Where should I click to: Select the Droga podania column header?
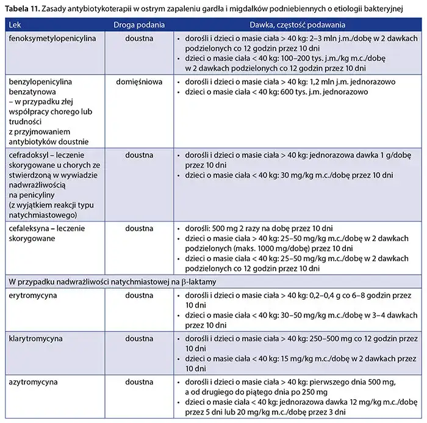click(x=139, y=26)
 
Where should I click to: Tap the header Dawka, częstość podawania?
click(x=297, y=26)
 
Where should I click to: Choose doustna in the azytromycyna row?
click(x=139, y=381)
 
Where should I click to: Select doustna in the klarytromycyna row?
click(x=139, y=338)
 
